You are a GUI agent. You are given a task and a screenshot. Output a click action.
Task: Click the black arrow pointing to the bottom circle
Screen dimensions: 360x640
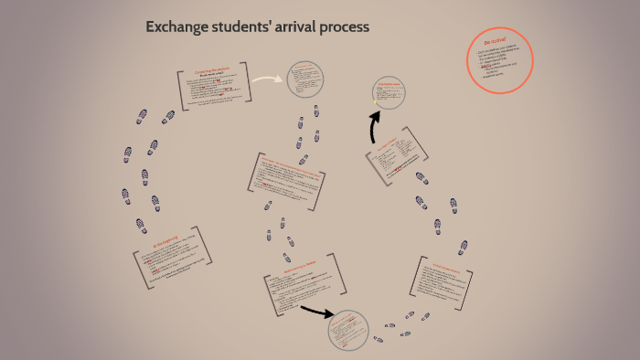click(x=316, y=313)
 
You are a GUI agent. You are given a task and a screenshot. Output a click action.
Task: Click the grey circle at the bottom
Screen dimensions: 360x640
click(x=347, y=330)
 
